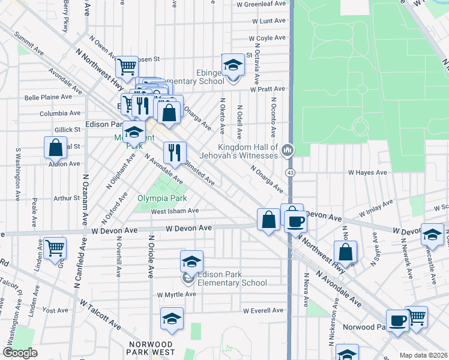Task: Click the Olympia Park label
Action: [x=161, y=198]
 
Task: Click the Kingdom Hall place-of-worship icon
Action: [x=288, y=149]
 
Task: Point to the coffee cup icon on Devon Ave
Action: [x=295, y=221]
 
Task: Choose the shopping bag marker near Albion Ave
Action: [x=55, y=147]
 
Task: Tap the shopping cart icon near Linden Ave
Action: [x=55, y=247]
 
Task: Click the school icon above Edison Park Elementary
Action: [x=191, y=262]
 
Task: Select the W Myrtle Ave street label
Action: [x=176, y=295]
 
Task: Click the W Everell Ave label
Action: [x=263, y=310]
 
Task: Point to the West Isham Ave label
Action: [x=174, y=211]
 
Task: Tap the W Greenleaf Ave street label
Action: [x=261, y=4]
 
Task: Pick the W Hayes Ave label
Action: [x=368, y=172]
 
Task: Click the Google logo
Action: [x=20, y=353]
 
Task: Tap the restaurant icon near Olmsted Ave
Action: [x=175, y=152]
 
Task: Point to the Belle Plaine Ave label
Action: [x=49, y=97]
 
